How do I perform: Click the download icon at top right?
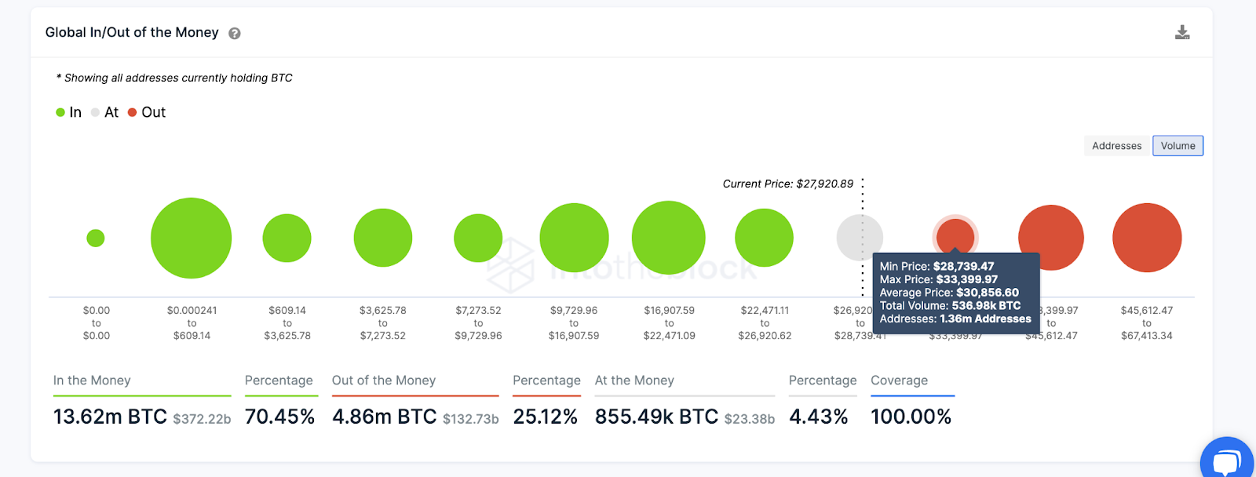(x=1182, y=32)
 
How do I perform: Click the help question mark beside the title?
(x=234, y=33)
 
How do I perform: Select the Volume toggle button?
(x=1177, y=146)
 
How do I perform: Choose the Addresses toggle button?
(x=1116, y=146)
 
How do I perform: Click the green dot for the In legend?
(x=60, y=112)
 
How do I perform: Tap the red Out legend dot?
(x=132, y=112)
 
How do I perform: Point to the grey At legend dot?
(x=95, y=112)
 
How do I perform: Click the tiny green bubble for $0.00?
(x=96, y=238)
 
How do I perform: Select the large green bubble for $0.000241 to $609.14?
(x=191, y=238)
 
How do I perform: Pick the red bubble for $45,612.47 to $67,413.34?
(x=1147, y=238)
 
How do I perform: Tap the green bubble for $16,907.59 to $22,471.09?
(x=669, y=238)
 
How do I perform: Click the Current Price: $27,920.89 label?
(x=787, y=184)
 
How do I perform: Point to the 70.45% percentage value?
(x=279, y=417)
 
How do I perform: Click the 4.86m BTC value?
(x=384, y=417)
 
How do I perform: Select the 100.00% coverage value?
(x=911, y=417)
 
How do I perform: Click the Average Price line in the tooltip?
(x=949, y=293)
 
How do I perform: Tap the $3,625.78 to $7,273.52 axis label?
(x=383, y=323)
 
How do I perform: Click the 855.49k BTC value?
(x=656, y=417)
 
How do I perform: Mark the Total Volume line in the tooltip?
(x=950, y=306)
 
